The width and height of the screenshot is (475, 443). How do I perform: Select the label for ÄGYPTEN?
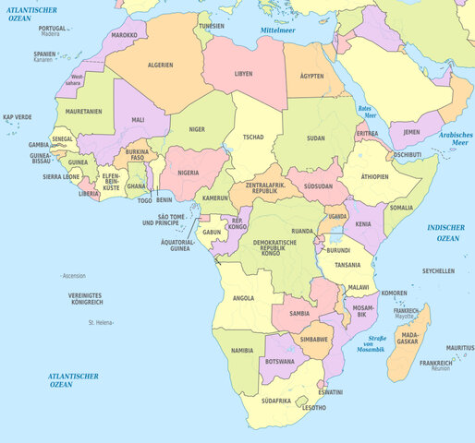point(311,75)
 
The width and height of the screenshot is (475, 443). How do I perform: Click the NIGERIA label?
point(189,172)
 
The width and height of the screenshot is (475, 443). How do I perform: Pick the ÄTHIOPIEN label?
point(375,175)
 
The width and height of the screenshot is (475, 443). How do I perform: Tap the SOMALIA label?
point(401,208)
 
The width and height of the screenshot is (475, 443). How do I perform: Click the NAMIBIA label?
point(242,351)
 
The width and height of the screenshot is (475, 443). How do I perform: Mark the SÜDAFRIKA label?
point(275,401)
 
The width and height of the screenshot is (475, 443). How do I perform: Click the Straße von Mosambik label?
point(370,344)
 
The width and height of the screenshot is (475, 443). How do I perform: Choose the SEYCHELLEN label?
point(438,271)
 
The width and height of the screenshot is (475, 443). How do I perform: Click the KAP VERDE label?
point(17,117)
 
